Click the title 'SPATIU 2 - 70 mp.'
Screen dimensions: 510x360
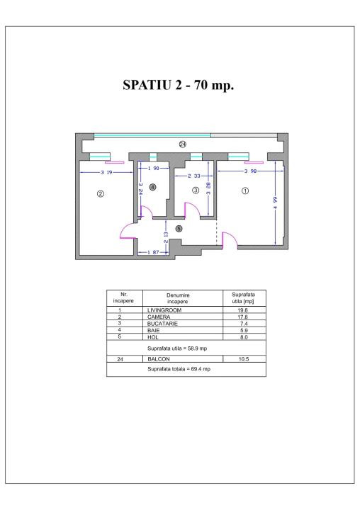click(x=179, y=86)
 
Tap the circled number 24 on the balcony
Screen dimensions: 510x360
click(x=182, y=144)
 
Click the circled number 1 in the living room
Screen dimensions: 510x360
click(x=245, y=191)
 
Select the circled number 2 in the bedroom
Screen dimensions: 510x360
click(x=101, y=193)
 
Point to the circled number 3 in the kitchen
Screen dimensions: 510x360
click(x=196, y=191)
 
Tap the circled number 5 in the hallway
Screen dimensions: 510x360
click(x=179, y=228)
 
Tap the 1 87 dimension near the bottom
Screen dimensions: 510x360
click(x=153, y=253)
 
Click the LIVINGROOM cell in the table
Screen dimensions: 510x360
click(x=164, y=310)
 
